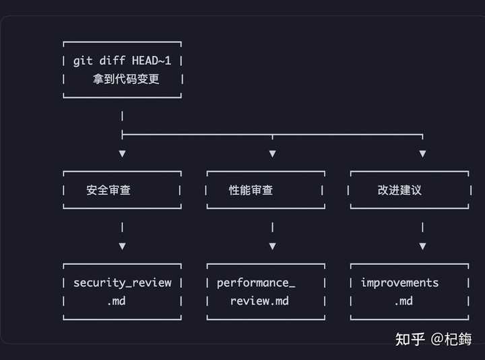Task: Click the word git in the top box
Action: (x=83, y=61)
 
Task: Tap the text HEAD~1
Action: (x=152, y=61)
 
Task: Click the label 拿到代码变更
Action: (x=127, y=79)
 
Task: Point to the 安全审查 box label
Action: (x=108, y=190)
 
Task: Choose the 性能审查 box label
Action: (x=251, y=190)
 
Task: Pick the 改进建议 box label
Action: (x=399, y=190)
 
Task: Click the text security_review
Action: (x=122, y=282)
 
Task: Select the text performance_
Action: (x=256, y=282)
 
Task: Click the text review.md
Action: (x=259, y=301)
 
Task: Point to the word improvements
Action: (x=399, y=282)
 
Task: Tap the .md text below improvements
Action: (x=403, y=301)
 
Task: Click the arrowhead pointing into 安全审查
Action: (x=122, y=154)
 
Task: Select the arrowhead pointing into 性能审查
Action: (x=272, y=154)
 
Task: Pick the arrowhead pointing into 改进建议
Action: (x=422, y=154)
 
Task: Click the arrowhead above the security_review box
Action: (x=122, y=246)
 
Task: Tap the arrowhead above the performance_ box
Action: (x=272, y=246)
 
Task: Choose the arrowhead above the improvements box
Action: (x=422, y=246)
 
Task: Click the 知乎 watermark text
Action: (x=410, y=339)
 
